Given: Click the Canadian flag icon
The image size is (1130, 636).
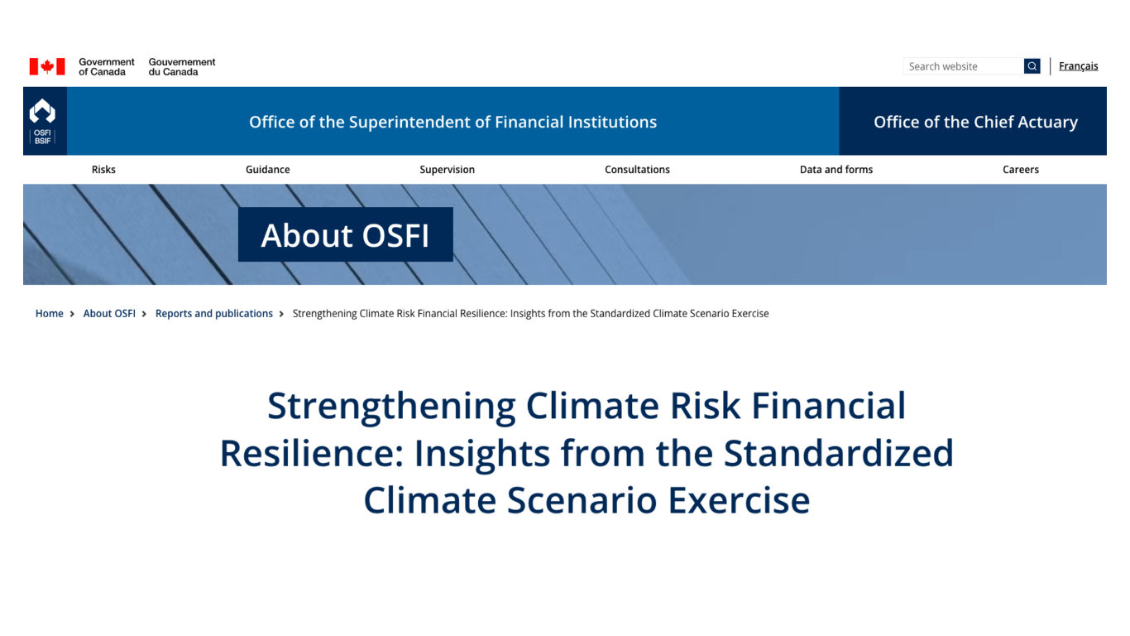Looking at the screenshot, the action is [47, 66].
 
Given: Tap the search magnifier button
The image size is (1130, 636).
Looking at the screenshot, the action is [1032, 66].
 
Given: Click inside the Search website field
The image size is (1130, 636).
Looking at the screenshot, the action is [963, 66].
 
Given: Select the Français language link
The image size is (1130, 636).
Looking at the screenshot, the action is [1078, 66].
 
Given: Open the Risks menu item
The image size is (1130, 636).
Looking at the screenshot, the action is [103, 170].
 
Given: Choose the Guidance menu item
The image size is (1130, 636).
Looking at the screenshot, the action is [267, 170].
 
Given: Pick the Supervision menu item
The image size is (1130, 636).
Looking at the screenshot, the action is [447, 170].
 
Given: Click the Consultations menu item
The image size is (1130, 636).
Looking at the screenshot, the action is [637, 170].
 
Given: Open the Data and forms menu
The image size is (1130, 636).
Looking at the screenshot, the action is [836, 170].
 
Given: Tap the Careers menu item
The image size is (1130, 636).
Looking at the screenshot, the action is [1021, 170].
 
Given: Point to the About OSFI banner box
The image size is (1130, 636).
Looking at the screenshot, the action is [346, 234].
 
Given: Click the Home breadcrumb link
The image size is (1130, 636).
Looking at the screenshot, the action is [49, 314].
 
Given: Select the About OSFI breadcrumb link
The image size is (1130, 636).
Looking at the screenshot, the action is [109, 314].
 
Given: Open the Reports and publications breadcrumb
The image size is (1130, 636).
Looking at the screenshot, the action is [214, 314].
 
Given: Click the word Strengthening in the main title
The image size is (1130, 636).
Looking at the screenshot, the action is [391, 406].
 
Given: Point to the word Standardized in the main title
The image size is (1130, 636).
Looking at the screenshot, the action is [839, 453].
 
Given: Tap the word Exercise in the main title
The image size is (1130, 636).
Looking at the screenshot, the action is [739, 500].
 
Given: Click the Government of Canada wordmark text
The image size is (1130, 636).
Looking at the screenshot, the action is [107, 67].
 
